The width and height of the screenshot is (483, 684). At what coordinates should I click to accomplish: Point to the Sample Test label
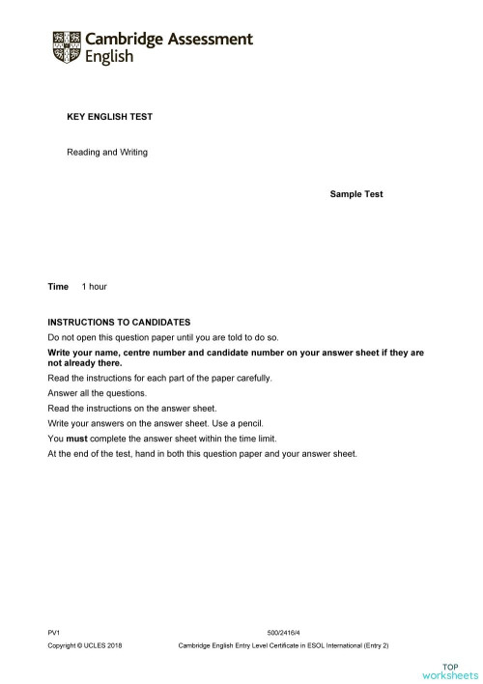[x=355, y=194]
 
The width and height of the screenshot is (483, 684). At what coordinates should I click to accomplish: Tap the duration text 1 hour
[x=94, y=287]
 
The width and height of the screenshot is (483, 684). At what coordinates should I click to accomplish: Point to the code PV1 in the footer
[x=54, y=631]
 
